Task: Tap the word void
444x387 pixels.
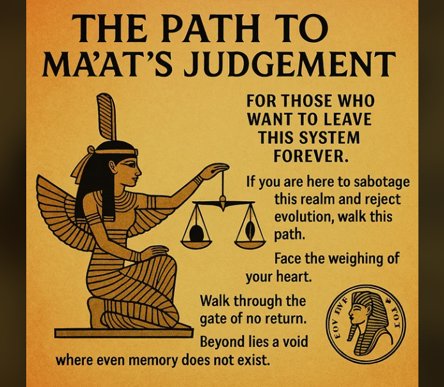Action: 292,342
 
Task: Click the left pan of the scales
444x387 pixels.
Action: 196,235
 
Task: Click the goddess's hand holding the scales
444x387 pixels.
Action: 214,170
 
